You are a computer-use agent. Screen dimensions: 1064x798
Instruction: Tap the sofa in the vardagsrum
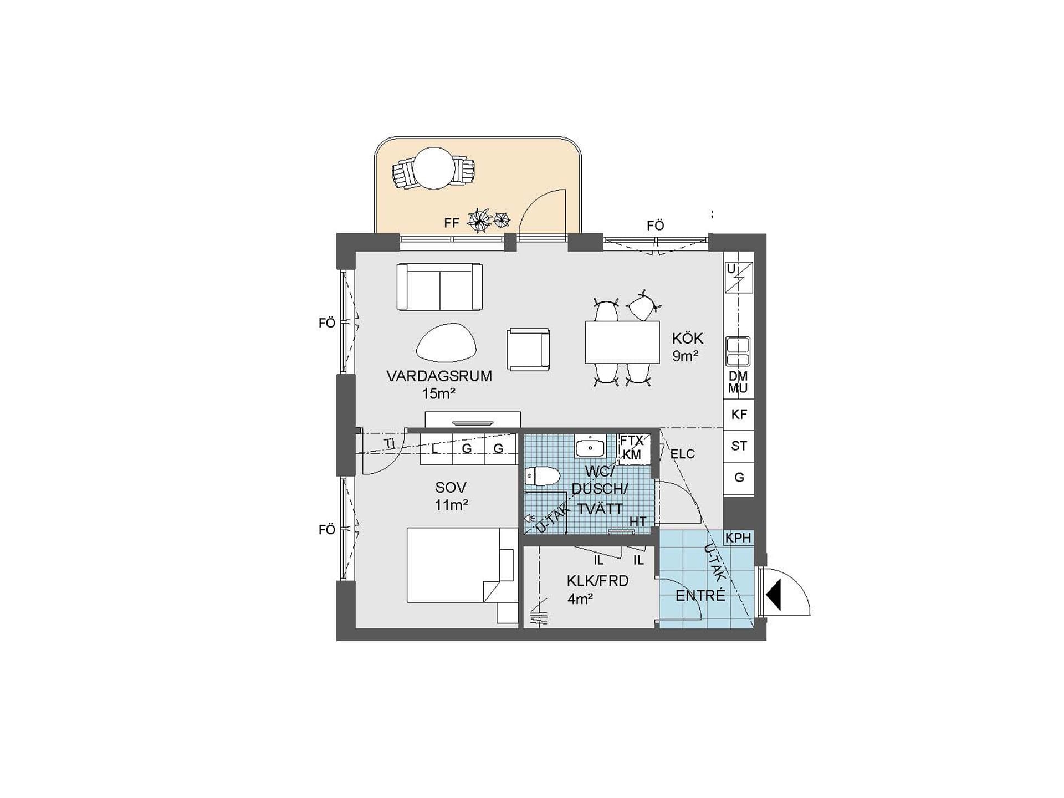pyautogui.click(x=439, y=287)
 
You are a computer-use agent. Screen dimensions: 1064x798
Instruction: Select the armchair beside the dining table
pyautogui.click(x=528, y=349)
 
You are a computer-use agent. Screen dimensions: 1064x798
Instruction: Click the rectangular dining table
pyautogui.click(x=622, y=342)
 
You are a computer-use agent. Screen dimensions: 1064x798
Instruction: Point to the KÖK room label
pyautogui.click(x=688, y=338)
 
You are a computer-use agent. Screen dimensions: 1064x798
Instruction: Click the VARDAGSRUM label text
pyautogui.click(x=439, y=376)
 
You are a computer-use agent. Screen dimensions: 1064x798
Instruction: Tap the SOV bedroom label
pyautogui.click(x=451, y=488)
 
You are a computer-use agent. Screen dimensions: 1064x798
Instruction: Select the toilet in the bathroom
pyautogui.click(x=543, y=475)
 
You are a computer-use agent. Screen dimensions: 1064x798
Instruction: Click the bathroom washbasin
pyautogui.click(x=590, y=446)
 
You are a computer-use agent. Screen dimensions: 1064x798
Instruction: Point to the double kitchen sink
pyautogui.click(x=738, y=351)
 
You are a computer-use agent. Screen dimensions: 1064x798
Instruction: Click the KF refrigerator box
pyautogui.click(x=739, y=414)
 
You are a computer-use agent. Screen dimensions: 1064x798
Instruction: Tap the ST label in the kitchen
pyautogui.click(x=739, y=446)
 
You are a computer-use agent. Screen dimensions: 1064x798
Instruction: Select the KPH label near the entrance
pyautogui.click(x=738, y=538)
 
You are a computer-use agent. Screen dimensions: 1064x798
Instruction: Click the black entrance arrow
pyautogui.click(x=774, y=595)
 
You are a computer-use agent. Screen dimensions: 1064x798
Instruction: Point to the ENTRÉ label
pyautogui.click(x=700, y=595)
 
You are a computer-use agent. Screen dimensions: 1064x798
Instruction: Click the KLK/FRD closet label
pyautogui.click(x=597, y=581)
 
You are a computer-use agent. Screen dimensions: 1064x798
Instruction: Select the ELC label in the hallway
pyautogui.click(x=682, y=454)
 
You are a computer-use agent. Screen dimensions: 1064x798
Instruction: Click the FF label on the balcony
pyautogui.click(x=452, y=223)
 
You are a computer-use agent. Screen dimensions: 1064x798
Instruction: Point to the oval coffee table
pyautogui.click(x=446, y=343)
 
